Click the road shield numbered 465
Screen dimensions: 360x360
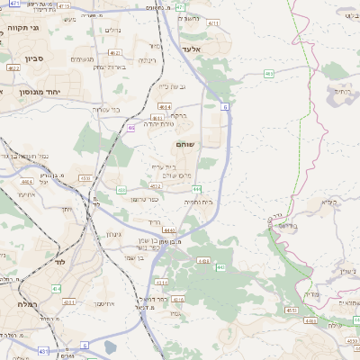pyautogui.click(x=270, y=73)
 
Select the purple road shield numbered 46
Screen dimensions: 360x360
pyautogui.click(x=131, y=128)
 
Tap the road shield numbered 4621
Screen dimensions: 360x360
pyautogui.click(x=13, y=67)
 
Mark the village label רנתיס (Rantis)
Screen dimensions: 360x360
pyautogui.click(x=342, y=90)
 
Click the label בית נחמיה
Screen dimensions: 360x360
pyautogui.click(x=199, y=203)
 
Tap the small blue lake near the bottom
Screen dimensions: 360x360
pyautogui.click(x=110, y=346)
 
